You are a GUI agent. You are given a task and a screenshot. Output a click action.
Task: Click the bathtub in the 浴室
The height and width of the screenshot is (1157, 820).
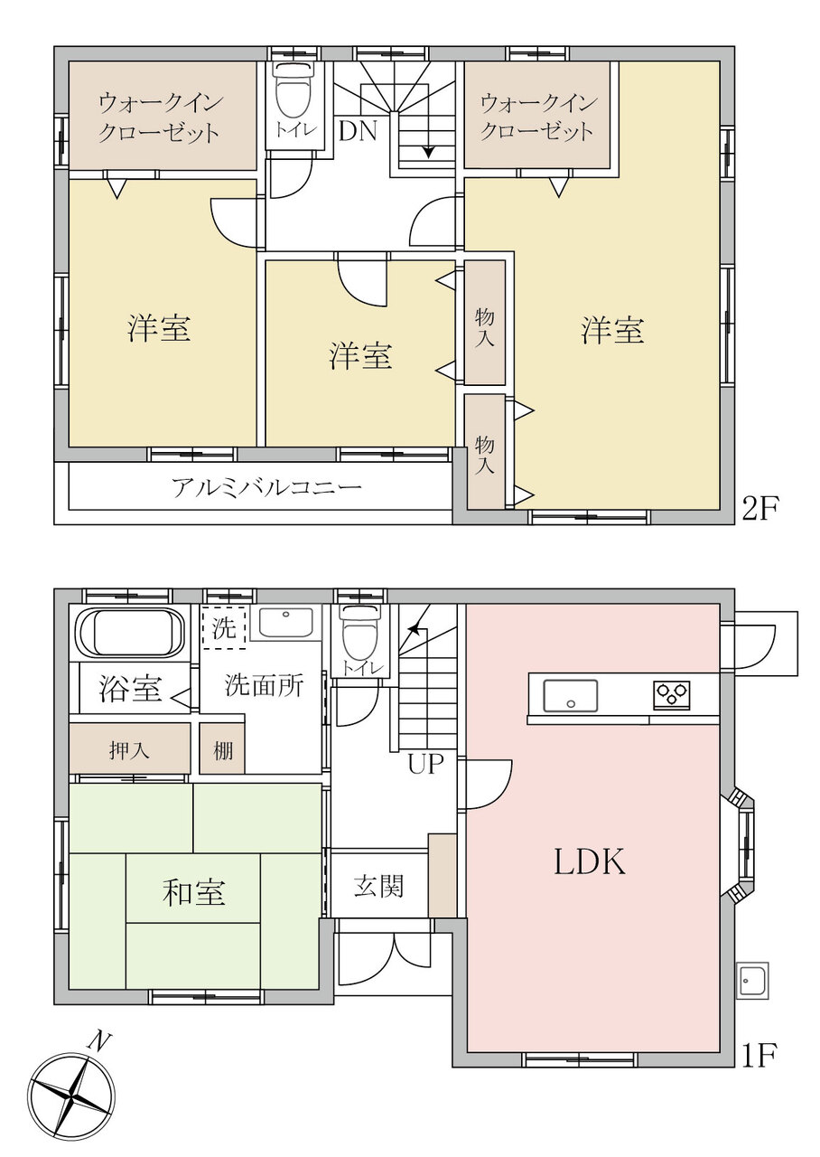(x=130, y=632)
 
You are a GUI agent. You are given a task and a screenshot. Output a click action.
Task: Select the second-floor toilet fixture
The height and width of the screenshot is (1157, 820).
(x=295, y=91)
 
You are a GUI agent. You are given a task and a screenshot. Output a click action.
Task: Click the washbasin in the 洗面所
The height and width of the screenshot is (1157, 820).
(x=285, y=623)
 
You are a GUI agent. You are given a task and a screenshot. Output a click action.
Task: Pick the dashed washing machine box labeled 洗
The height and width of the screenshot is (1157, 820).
(x=223, y=627)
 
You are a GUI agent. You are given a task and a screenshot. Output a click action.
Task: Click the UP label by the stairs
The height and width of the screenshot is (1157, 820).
(x=425, y=764)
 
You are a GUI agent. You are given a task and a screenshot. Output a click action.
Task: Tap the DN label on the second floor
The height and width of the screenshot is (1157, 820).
(x=358, y=131)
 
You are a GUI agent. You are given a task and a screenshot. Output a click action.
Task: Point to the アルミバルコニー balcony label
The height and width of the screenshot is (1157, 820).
(x=266, y=487)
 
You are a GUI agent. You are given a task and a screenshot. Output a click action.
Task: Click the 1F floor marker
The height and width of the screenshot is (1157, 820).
(x=759, y=1056)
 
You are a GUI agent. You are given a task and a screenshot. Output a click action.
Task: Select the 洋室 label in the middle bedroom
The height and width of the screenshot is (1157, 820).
(x=360, y=355)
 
